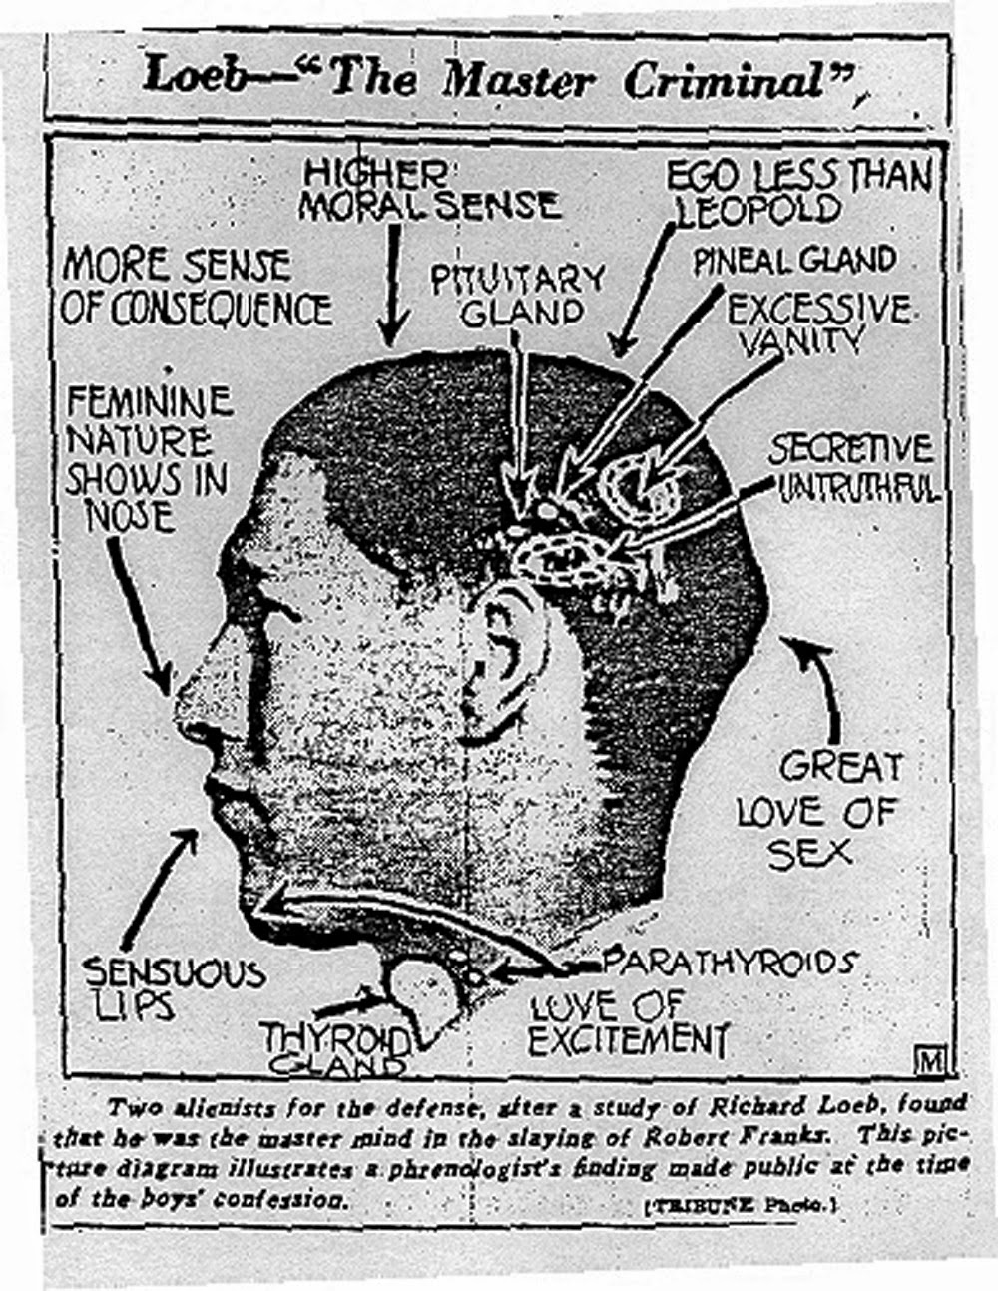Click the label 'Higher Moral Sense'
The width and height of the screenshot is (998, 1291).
tap(429, 190)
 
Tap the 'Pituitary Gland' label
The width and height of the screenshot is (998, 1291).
tap(518, 294)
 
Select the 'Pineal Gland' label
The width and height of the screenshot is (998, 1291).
tap(794, 261)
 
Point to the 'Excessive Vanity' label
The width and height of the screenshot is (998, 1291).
tap(817, 323)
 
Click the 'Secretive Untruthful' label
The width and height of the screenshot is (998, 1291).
tap(854, 467)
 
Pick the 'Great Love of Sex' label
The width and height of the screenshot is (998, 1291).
tap(818, 809)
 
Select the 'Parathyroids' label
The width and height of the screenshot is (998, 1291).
tap(730, 963)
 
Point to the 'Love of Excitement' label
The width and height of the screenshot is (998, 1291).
tap(627, 1022)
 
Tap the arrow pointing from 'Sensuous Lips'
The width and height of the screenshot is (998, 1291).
tap(160, 884)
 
